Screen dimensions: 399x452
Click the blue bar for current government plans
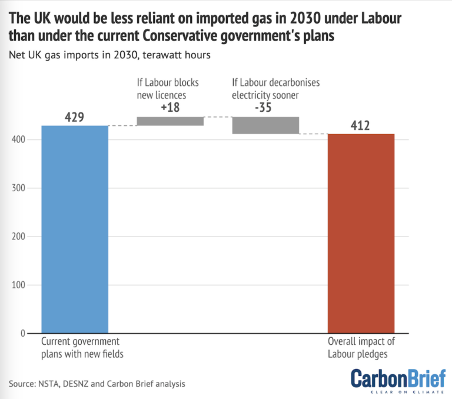[75, 229]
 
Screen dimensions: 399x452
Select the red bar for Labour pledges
[361, 233]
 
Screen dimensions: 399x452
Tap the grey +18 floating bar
[170, 121]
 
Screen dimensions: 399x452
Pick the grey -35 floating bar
[265, 125]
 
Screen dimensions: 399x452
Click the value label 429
[75, 117]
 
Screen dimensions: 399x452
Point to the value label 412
[361, 125]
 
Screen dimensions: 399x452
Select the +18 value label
[170, 108]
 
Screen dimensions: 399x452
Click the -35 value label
[265, 108]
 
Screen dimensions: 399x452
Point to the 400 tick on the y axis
[20, 139]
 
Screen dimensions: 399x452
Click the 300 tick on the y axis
[20, 188]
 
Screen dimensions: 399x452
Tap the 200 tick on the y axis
[20, 237]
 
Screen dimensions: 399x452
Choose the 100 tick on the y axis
[20, 285]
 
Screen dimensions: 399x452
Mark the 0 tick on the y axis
[24, 333]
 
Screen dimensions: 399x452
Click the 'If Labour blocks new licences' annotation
[170, 89]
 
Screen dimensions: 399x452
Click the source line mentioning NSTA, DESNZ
[97, 384]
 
